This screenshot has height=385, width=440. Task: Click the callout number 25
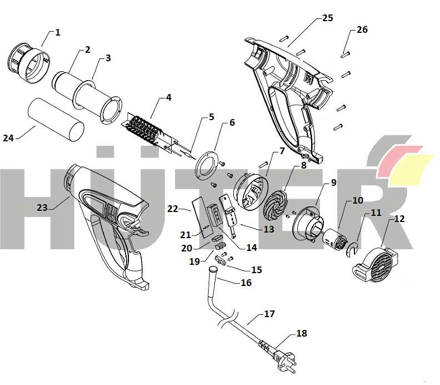pyautogui.click(x=328, y=18)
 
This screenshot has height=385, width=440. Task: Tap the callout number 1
pyautogui.click(x=58, y=32)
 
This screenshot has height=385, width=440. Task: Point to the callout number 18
pyautogui.click(x=302, y=333)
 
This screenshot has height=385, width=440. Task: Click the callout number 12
pyautogui.click(x=399, y=219)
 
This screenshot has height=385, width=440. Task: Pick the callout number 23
pyautogui.click(x=42, y=207)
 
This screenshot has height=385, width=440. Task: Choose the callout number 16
pyautogui.click(x=245, y=283)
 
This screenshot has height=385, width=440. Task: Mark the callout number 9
pyautogui.click(x=333, y=182)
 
